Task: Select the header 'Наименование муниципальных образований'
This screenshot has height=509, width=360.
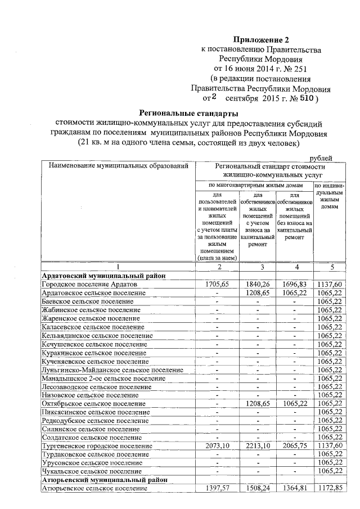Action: pos(118,166)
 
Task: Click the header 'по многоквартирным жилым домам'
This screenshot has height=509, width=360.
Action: pos(254,185)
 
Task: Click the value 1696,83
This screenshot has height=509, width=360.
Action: pos(294,285)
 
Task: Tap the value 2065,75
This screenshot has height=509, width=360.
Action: pos(294,445)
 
